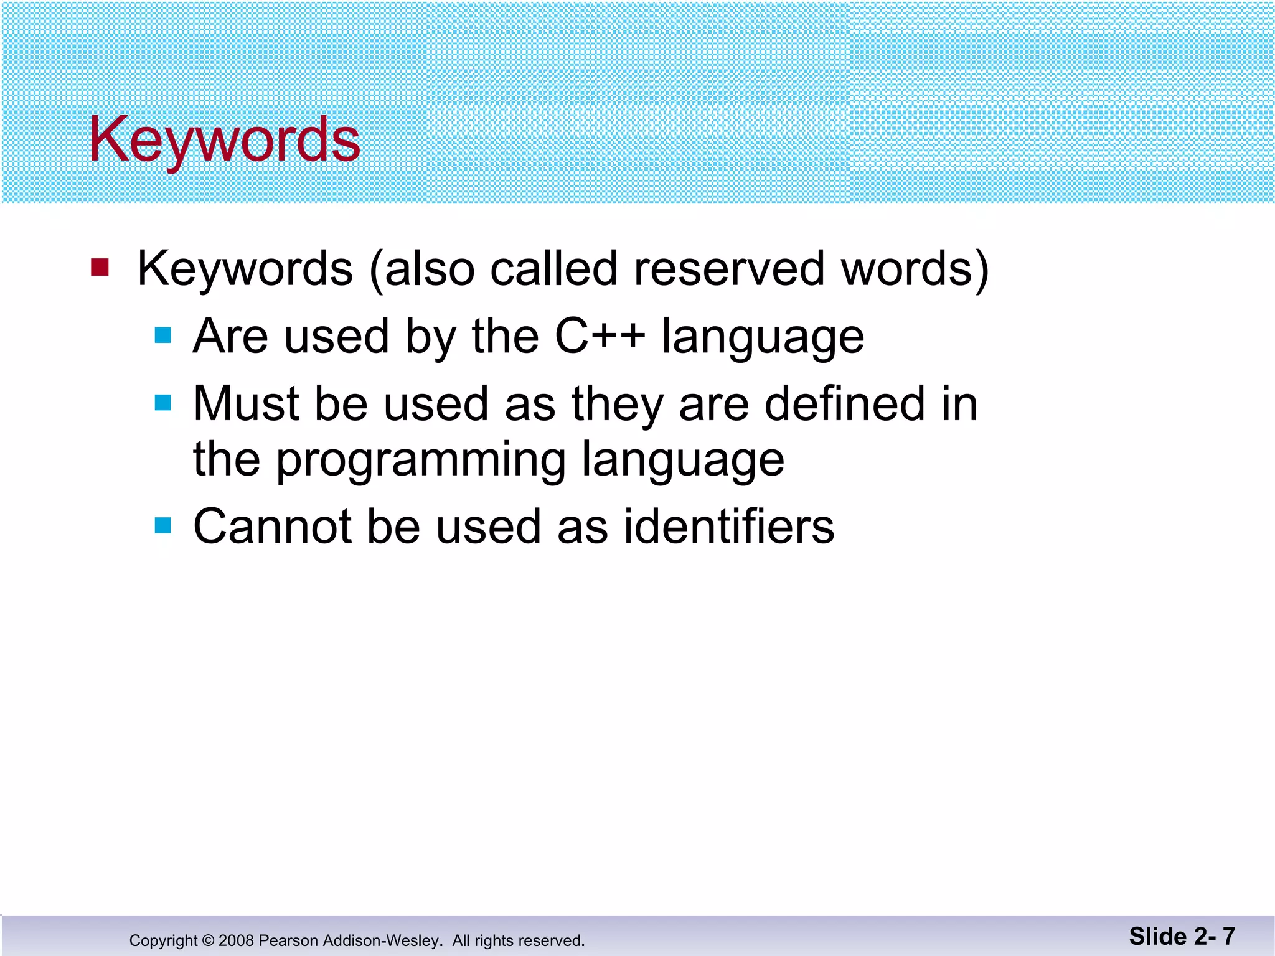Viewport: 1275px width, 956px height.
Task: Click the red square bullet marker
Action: [x=100, y=268]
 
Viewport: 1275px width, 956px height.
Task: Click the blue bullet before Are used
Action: [x=163, y=336]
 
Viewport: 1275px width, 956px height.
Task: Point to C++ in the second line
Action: [x=600, y=336]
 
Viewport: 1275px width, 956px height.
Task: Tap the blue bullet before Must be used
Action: [x=163, y=403]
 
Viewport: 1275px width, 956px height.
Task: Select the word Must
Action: [x=246, y=403]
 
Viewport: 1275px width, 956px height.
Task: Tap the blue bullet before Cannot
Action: [x=163, y=526]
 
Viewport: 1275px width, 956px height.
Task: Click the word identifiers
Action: [x=728, y=527]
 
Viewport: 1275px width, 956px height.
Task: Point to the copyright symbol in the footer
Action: [x=208, y=940]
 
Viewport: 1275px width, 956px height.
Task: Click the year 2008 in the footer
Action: [x=236, y=940]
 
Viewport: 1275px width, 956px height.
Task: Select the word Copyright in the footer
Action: [x=163, y=940]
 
